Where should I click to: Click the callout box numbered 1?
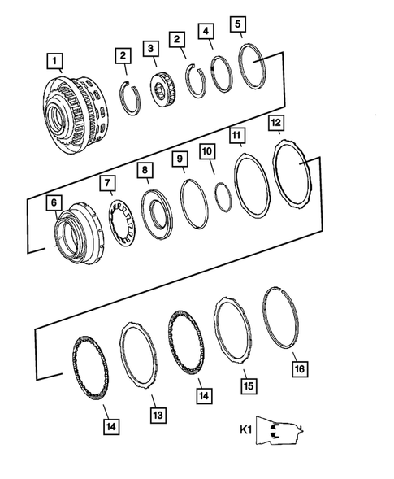click(54, 60)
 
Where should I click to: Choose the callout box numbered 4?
click(207, 32)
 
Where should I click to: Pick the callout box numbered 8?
click(144, 170)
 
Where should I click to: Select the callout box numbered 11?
click(236, 133)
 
